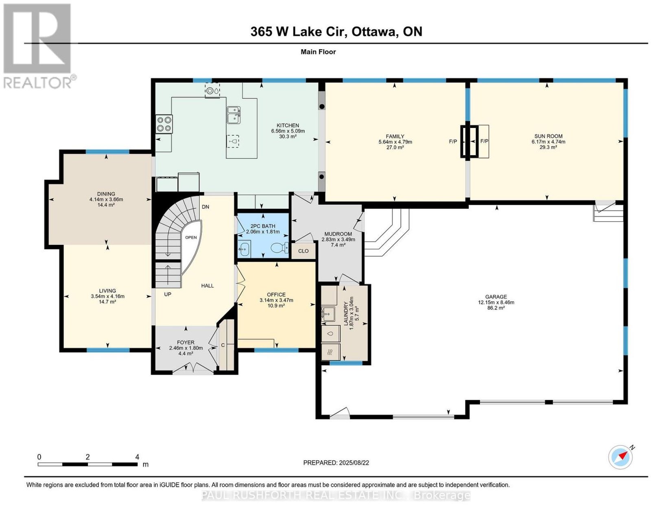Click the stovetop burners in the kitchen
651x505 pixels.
click(164, 124)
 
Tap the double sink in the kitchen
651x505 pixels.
click(234, 115)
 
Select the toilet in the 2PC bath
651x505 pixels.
click(280, 247)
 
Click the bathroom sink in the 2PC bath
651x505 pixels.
click(245, 248)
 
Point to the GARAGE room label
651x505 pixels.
click(496, 297)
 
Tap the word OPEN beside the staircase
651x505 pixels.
click(191, 238)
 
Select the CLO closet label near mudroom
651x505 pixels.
click(304, 251)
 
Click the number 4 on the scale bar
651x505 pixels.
click(137, 457)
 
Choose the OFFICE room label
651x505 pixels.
click(276, 295)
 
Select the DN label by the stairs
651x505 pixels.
click(205, 207)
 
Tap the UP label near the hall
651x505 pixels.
click(168, 294)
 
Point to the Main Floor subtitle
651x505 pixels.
click(318, 52)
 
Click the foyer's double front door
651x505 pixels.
click(193, 368)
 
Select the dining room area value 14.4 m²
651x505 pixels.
click(106, 205)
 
